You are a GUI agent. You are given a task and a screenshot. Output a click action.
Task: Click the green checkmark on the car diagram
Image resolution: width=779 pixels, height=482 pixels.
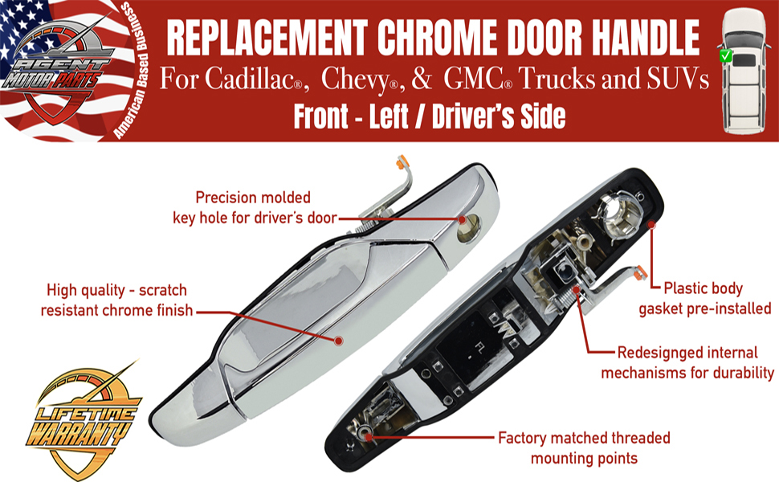coord(725,56)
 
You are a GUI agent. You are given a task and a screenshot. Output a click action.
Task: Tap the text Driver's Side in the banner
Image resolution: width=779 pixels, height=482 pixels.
coord(499,117)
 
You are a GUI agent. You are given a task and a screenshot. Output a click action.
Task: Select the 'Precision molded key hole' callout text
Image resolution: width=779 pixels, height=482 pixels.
coord(254,206)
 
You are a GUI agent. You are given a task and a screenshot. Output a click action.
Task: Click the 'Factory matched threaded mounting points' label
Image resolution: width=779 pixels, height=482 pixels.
coord(584,448)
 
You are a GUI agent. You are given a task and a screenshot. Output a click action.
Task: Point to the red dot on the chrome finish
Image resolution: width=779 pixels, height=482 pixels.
coord(338,341)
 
